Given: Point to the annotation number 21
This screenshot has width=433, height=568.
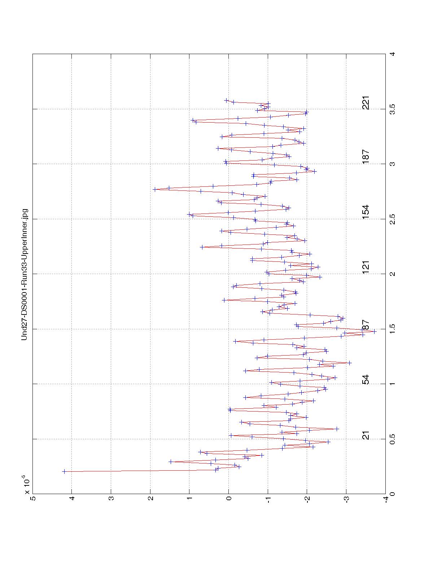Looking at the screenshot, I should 366,435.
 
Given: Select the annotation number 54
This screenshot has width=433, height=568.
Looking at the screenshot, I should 366,380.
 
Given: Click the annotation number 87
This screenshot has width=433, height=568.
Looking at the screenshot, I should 366,325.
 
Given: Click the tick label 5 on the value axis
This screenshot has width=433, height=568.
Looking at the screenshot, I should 33,499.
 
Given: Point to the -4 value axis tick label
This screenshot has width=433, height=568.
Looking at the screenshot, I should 386,499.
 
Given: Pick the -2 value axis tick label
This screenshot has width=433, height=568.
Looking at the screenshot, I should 307,499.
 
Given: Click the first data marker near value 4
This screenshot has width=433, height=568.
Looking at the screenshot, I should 64,471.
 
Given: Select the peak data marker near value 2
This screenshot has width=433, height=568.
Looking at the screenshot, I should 155,189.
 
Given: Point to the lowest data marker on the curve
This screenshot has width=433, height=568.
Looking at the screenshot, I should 374,331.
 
